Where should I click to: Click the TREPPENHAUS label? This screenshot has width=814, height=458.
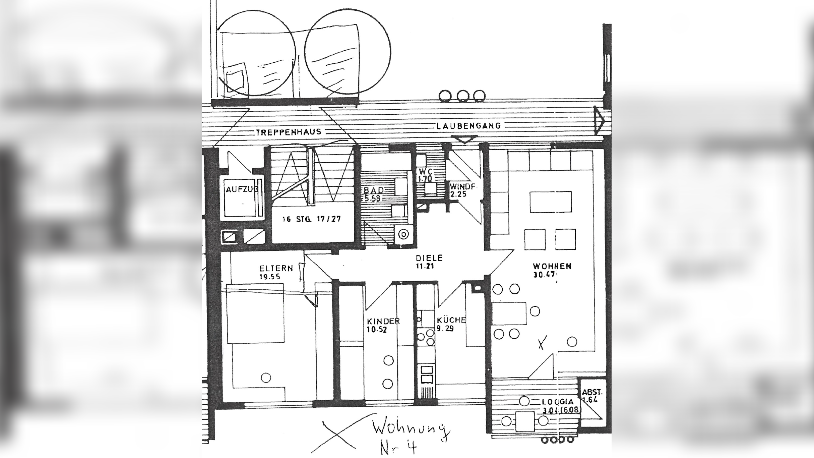point(289,132)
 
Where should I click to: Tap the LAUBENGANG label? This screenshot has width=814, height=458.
point(468,126)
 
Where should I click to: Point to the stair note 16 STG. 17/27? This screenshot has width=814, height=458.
point(311,219)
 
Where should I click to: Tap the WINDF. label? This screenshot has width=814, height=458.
point(463,186)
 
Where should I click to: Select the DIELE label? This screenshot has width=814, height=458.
point(429,258)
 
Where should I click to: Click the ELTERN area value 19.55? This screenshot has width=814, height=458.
point(269,277)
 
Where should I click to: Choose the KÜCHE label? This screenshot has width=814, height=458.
point(451,320)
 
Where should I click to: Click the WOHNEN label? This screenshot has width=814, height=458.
point(552,266)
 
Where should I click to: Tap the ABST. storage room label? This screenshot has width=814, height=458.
point(592,392)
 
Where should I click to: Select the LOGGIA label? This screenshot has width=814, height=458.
point(558,402)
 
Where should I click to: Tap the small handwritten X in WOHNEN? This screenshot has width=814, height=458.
point(542,342)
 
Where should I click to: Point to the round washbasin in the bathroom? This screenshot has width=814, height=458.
point(403,234)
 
